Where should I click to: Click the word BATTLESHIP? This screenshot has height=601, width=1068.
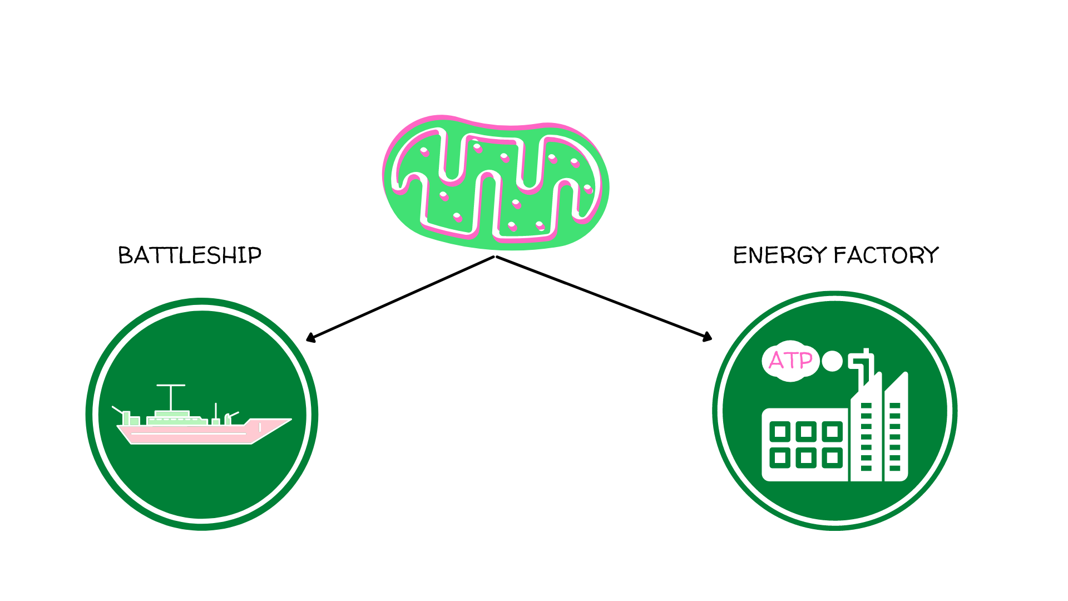[190, 255]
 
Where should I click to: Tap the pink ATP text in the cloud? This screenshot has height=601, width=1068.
[790, 361]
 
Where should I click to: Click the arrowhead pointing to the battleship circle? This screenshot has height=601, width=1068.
[310, 337]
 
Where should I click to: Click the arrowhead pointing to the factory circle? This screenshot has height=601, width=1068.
[708, 337]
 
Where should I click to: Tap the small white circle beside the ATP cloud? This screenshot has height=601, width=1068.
[832, 361]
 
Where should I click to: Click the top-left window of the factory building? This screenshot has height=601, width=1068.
[780, 431]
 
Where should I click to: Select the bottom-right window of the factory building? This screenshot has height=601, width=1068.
[832, 458]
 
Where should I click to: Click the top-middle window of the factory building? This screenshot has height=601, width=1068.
[806, 431]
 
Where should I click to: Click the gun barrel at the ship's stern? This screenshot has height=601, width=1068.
[117, 410]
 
